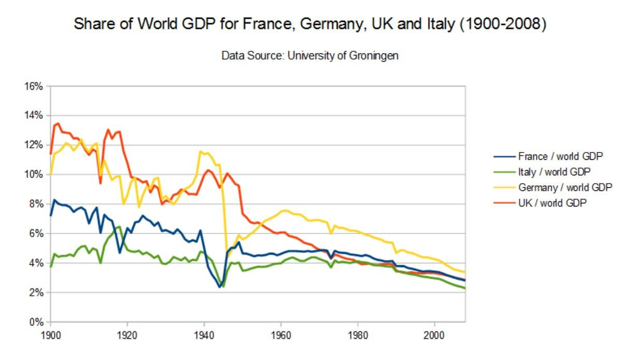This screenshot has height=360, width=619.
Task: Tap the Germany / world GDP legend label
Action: click(x=565, y=187)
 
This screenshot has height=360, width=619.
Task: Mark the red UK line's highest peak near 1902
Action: click(x=58, y=123)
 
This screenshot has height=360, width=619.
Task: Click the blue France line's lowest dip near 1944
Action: click(x=220, y=286)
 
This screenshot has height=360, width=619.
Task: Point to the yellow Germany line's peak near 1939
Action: click(x=200, y=151)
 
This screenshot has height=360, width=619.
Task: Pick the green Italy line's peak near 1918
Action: click(x=120, y=226)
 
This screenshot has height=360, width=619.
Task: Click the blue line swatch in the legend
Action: click(x=503, y=156)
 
